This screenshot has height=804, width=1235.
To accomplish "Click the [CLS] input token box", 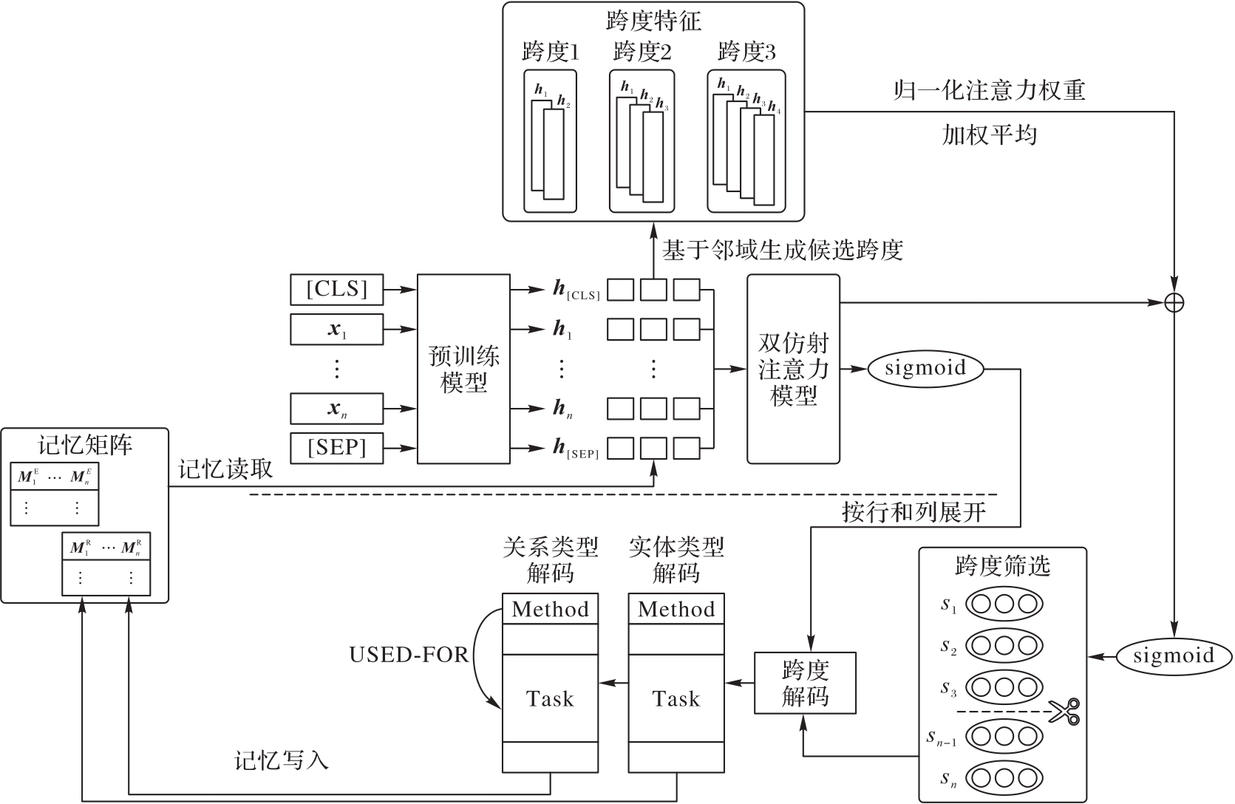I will [337, 289].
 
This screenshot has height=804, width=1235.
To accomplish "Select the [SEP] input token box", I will [337, 448].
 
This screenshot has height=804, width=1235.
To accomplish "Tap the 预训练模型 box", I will [463, 369].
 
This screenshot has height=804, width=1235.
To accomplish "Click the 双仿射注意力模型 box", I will [793, 369].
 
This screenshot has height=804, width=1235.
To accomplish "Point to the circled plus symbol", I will [1174, 301].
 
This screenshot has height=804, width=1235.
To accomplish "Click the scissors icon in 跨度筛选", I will [1064, 712].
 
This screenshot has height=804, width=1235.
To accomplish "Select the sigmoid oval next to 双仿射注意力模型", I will [925, 368].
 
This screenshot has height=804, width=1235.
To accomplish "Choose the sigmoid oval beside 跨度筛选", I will [1174, 655].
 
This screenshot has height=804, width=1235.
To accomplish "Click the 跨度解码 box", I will [805, 683].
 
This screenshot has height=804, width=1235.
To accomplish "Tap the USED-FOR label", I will [409, 655].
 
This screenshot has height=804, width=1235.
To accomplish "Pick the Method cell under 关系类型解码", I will [550, 610].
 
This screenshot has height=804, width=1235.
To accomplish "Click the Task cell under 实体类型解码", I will [676, 698].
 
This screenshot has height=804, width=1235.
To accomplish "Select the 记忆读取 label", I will [225, 469].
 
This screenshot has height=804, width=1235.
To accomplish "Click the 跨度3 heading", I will [746, 52].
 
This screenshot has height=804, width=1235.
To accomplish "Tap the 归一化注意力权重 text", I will [989, 91].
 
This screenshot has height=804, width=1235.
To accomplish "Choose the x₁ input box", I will [337, 330].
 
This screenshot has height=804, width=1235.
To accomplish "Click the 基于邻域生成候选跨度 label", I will [783, 251].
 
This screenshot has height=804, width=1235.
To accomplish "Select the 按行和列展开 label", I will [914, 512].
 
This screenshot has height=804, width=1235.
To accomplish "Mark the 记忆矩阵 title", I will [85, 446].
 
